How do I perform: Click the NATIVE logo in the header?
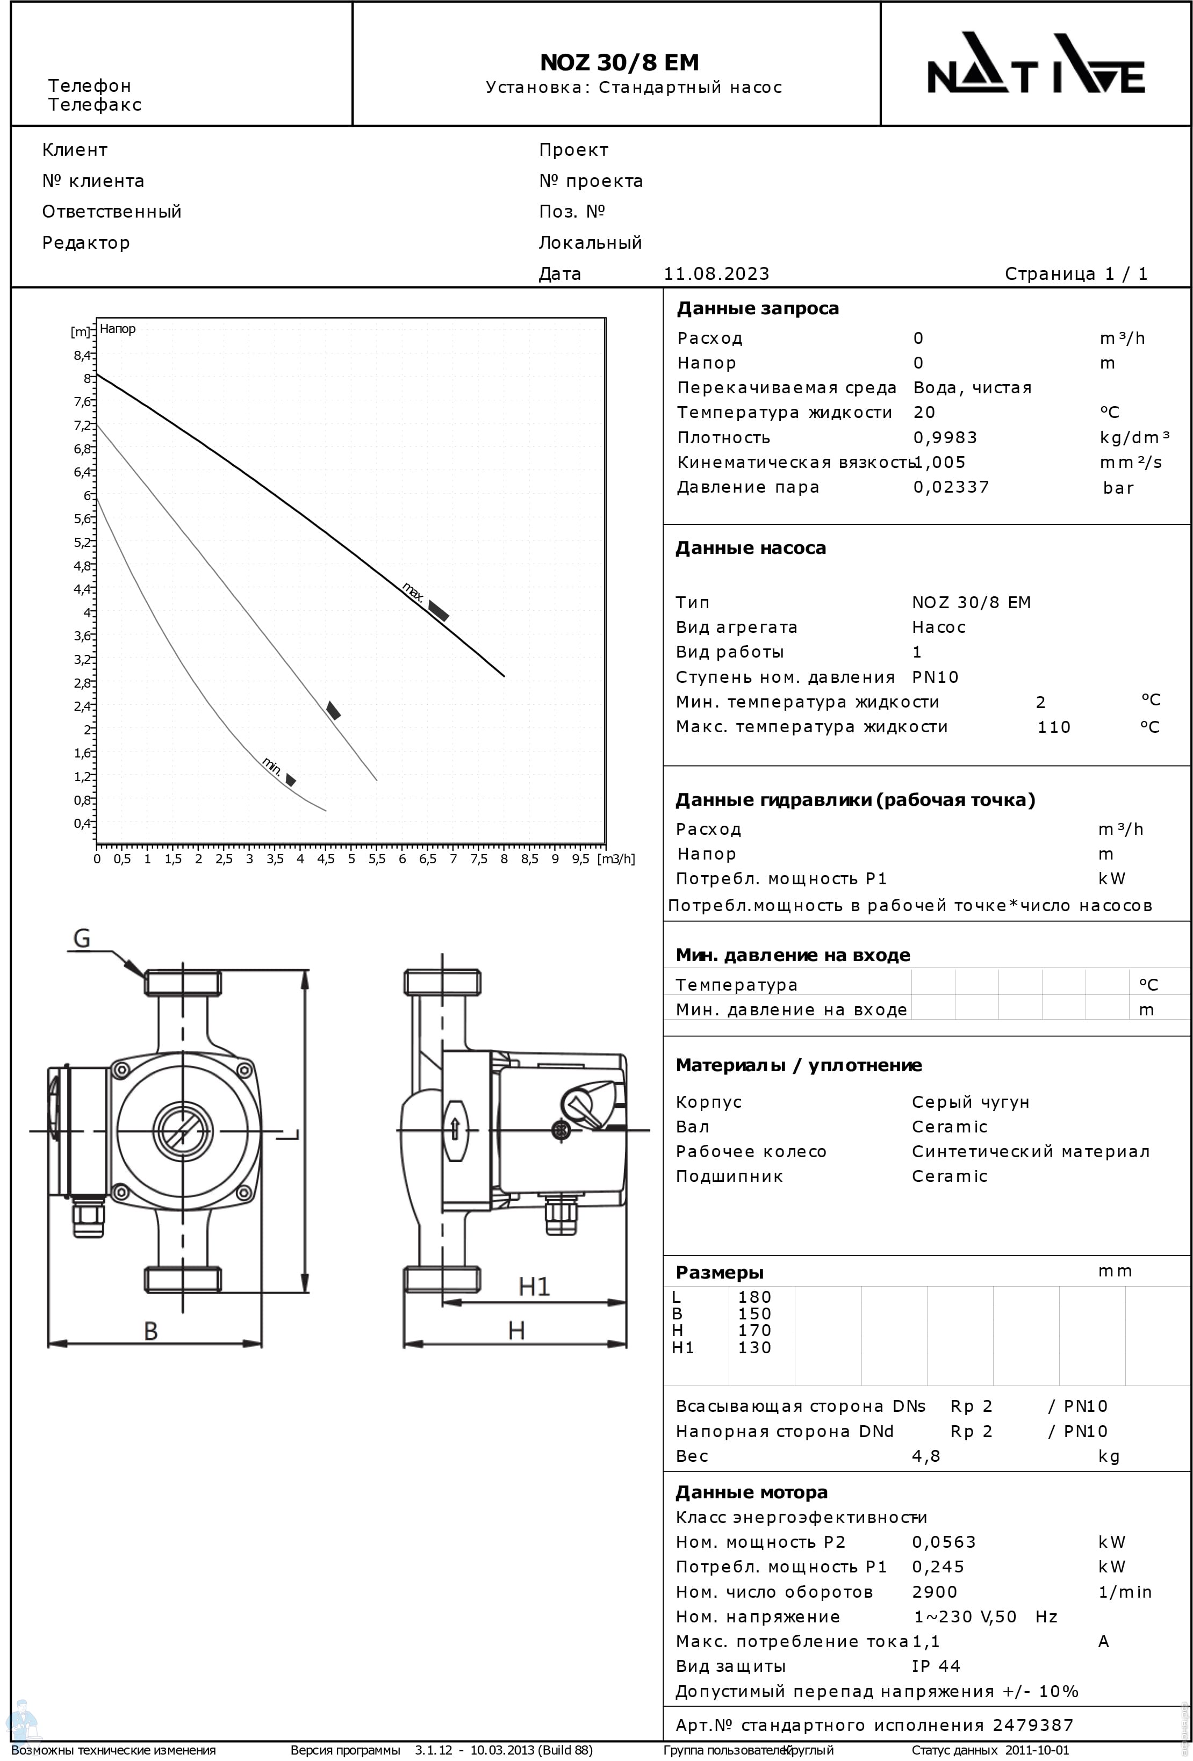click(1036, 63)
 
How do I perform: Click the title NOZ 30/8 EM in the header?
click(619, 62)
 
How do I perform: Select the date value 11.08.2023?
click(716, 273)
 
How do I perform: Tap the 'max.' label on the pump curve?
click(412, 592)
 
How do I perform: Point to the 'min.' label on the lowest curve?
click(272, 766)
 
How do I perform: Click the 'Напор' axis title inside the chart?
click(118, 329)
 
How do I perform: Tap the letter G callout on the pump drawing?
click(81, 939)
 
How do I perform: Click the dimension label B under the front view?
click(151, 1331)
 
